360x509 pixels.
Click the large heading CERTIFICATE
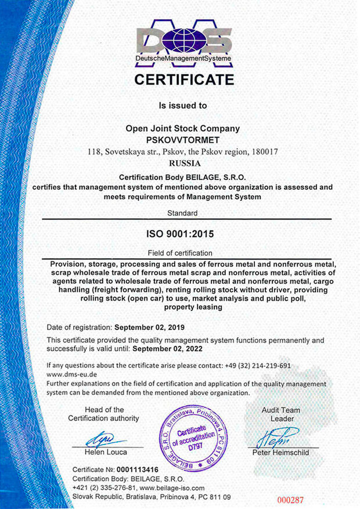tap(184, 80)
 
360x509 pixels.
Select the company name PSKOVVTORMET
tap(183, 140)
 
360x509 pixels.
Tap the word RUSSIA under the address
tap(183, 164)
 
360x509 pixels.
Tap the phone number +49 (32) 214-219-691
tap(257, 366)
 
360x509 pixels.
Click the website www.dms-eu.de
tap(68, 375)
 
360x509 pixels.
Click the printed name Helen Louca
tap(105, 452)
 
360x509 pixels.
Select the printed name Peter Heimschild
tap(281, 452)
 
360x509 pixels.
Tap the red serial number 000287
tap(290, 500)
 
